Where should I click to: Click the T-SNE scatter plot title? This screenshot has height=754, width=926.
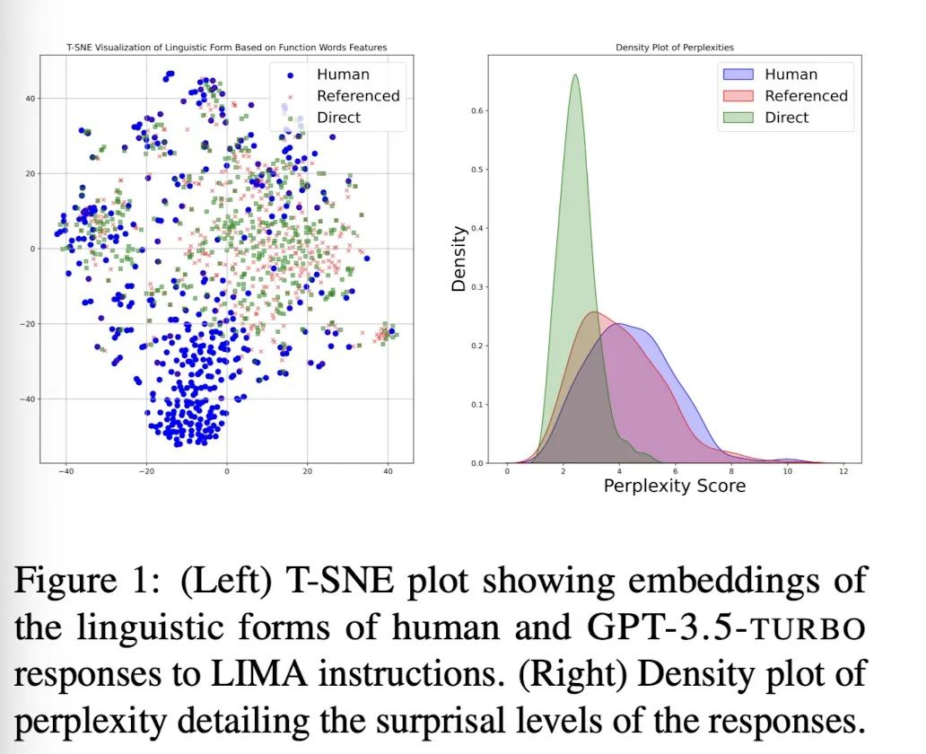[226, 47]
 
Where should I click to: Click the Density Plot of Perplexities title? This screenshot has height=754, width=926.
[674, 47]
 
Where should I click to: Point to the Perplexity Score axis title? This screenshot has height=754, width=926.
[674, 487]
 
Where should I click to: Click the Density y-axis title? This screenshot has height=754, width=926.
[459, 259]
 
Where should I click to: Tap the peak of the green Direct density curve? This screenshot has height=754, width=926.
[575, 75]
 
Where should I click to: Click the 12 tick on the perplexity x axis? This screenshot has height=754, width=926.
[843, 473]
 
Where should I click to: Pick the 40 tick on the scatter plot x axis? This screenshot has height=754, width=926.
[388, 473]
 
